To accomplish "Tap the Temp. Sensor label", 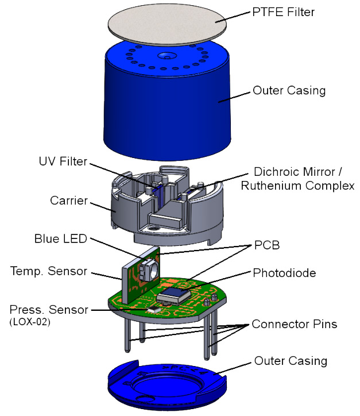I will [48, 269].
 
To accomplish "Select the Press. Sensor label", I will [49, 310].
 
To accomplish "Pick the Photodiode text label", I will [282, 273].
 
